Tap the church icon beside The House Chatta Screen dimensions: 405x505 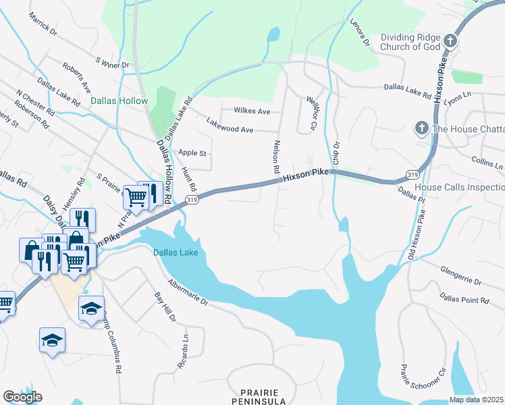pyautogui.click(x=421, y=128)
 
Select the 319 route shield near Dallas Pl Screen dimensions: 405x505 pyautogui.click(x=413, y=174)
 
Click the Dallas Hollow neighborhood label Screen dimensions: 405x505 pyautogui.click(x=119, y=101)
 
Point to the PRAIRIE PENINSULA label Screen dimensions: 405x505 pyautogui.click(x=259, y=396)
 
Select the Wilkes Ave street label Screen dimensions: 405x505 pyautogui.click(x=252, y=111)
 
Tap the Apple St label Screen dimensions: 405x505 pyautogui.click(x=192, y=153)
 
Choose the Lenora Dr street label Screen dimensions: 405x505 pyautogui.click(x=360, y=32)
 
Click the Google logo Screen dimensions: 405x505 pyautogui.click(x=22, y=397)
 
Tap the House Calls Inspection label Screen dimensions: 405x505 pyautogui.click(x=459, y=187)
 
